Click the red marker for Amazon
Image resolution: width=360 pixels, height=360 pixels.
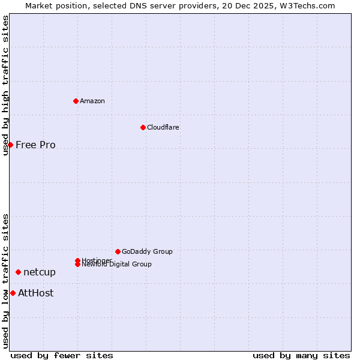pos(76,101)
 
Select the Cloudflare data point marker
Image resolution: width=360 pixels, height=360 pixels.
pos(143,127)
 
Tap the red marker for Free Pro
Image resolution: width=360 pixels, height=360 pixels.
pos(10,145)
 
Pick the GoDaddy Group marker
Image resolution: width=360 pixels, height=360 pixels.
pos(118,251)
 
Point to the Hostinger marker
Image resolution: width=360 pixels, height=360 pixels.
pos(77,260)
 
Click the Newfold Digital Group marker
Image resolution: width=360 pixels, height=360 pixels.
pos(78,265)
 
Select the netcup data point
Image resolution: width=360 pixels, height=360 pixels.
pos(18,272)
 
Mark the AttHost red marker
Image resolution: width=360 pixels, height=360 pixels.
pos(13,293)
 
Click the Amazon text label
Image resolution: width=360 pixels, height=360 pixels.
pos(92,101)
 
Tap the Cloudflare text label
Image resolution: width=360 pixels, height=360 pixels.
pos(163,127)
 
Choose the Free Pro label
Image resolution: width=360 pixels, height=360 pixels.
pos(35,145)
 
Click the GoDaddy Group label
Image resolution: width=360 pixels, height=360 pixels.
pos(147,251)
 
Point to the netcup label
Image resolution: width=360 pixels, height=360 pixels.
pos(40,272)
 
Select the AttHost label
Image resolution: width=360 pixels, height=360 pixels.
pos(35,293)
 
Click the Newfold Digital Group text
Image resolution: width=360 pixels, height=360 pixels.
pos(116,265)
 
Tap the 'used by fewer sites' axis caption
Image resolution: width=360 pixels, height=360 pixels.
pos(62,355)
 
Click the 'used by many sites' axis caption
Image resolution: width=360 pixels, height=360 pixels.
pos(301,355)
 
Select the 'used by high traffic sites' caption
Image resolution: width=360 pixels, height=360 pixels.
pos(5,85)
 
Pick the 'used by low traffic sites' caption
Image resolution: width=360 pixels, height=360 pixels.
pos(5,281)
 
